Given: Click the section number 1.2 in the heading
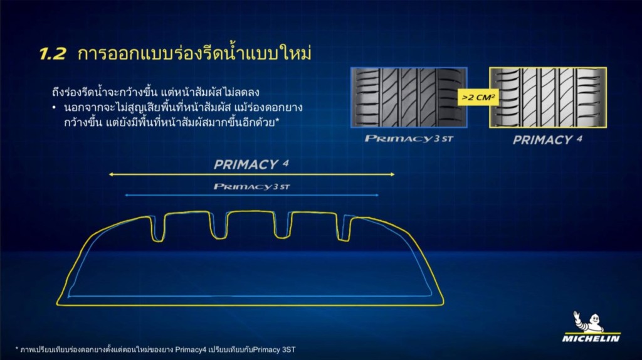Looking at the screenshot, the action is click(x=53, y=54).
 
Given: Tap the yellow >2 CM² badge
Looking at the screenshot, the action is click(x=478, y=97).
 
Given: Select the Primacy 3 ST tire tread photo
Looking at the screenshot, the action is click(x=409, y=97).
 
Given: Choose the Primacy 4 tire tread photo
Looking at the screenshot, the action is click(x=548, y=97).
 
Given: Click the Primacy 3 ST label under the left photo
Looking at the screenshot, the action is click(x=409, y=139).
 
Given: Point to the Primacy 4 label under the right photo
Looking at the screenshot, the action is click(x=547, y=140).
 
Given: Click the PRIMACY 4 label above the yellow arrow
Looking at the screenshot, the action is click(x=251, y=164).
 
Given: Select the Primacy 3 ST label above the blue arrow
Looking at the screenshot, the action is click(x=251, y=187).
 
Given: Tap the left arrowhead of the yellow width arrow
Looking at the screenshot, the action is click(x=110, y=174).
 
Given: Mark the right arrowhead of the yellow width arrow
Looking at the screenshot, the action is click(x=392, y=174).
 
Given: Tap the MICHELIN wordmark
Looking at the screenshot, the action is click(x=591, y=338).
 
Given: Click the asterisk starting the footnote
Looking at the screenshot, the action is click(x=17, y=349).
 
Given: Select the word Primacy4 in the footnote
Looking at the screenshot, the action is click(x=191, y=350).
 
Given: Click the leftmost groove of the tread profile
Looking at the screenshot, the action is click(x=157, y=228).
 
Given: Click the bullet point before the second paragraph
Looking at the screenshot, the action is click(x=54, y=108).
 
